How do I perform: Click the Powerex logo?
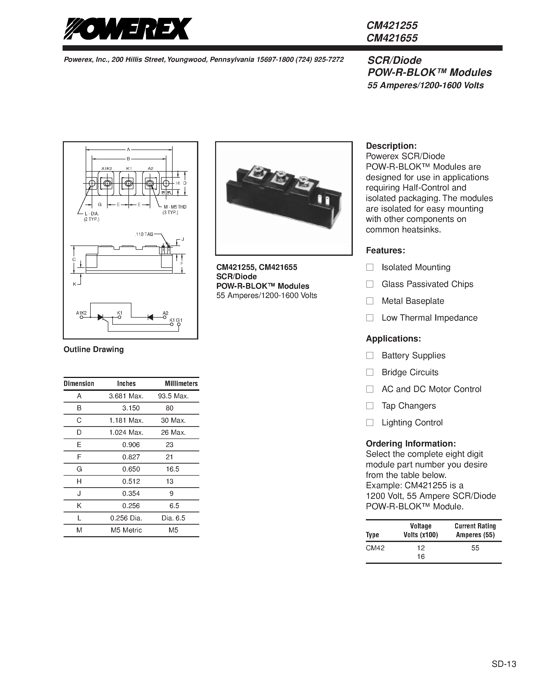127,29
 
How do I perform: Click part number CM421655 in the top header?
392,38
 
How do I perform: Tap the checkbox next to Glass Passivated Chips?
369,284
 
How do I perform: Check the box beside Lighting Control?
369,422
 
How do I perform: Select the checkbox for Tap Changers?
369,406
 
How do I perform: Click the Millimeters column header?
181,383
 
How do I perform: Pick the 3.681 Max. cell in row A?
126,396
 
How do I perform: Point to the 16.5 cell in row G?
172,469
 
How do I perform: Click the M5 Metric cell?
126,530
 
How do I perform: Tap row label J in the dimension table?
79,493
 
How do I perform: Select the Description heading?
391,146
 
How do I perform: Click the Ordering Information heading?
411,443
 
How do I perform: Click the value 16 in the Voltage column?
420,557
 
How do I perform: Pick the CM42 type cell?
375,548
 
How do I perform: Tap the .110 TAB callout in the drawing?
144,234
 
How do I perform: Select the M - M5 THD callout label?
175,207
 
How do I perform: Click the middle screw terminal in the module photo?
279,176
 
